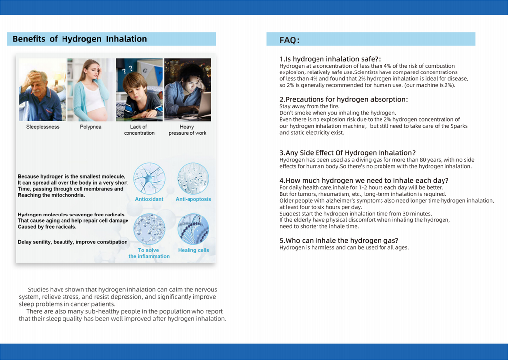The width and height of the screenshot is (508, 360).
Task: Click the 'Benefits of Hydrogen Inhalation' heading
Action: click(x=80, y=39)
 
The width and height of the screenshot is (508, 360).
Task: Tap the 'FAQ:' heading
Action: click(x=289, y=40)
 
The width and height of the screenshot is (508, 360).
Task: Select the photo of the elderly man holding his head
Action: click(x=42, y=90)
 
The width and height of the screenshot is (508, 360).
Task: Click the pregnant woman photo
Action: click(x=90, y=90)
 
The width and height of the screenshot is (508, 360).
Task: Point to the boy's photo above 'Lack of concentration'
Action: click(x=139, y=90)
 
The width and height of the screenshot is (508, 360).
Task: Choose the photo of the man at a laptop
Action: click(x=187, y=90)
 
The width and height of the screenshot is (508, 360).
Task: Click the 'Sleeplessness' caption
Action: click(x=43, y=127)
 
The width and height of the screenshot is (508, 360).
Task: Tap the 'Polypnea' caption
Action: click(x=90, y=127)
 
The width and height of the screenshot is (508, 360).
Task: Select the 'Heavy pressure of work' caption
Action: click(x=187, y=130)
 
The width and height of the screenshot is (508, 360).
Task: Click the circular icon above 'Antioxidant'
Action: click(x=149, y=178)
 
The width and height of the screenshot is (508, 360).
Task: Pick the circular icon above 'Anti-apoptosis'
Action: click(x=193, y=178)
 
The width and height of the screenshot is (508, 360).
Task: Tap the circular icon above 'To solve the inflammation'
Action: click(x=149, y=229)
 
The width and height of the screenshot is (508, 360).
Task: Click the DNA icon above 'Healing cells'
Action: click(x=193, y=229)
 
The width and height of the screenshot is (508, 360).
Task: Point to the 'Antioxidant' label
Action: click(x=149, y=199)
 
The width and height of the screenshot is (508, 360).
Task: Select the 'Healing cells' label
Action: click(x=193, y=250)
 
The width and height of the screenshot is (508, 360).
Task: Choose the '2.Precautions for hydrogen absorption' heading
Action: click(x=343, y=99)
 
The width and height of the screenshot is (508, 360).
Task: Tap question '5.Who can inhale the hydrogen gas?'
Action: click(x=339, y=241)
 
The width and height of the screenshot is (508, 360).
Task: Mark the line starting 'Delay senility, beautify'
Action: click(x=72, y=242)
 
